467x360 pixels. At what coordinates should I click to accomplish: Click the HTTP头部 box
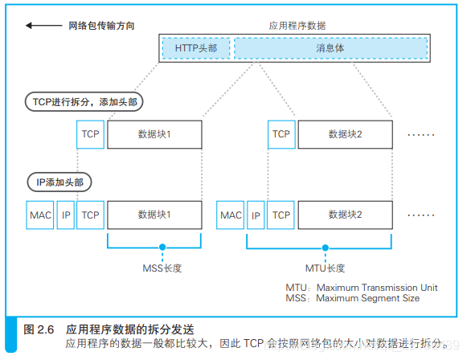pos(195,48)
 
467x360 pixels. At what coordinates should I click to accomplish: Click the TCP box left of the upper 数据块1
pos(90,133)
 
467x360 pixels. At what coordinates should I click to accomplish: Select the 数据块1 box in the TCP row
pos(154,133)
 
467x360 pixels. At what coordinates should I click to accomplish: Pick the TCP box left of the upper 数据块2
pos(281,133)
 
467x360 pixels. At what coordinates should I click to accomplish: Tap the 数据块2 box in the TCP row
pos(345,133)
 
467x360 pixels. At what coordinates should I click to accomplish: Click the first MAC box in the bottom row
pos(40,215)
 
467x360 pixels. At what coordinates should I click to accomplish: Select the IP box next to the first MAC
pos(66,215)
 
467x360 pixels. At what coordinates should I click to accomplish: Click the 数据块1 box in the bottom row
pos(154,215)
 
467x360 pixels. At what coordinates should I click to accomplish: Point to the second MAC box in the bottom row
pos(231,215)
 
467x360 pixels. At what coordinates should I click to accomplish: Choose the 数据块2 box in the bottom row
pos(345,215)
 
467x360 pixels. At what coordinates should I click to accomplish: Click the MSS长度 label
pos(162,268)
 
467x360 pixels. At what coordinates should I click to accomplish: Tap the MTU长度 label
pos(325,268)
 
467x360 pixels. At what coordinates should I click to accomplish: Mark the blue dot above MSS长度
pos(162,247)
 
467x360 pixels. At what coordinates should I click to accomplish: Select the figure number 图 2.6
pos(39,329)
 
